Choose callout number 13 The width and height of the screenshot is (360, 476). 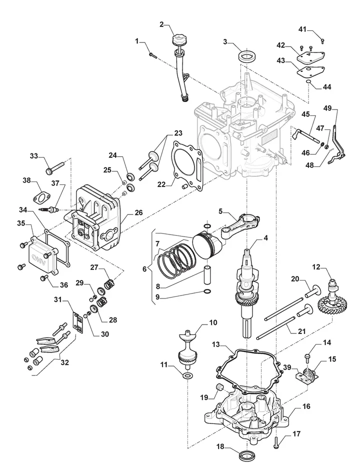[215, 344]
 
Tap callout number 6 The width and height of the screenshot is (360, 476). [144, 269]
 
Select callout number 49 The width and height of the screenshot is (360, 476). [327, 108]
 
